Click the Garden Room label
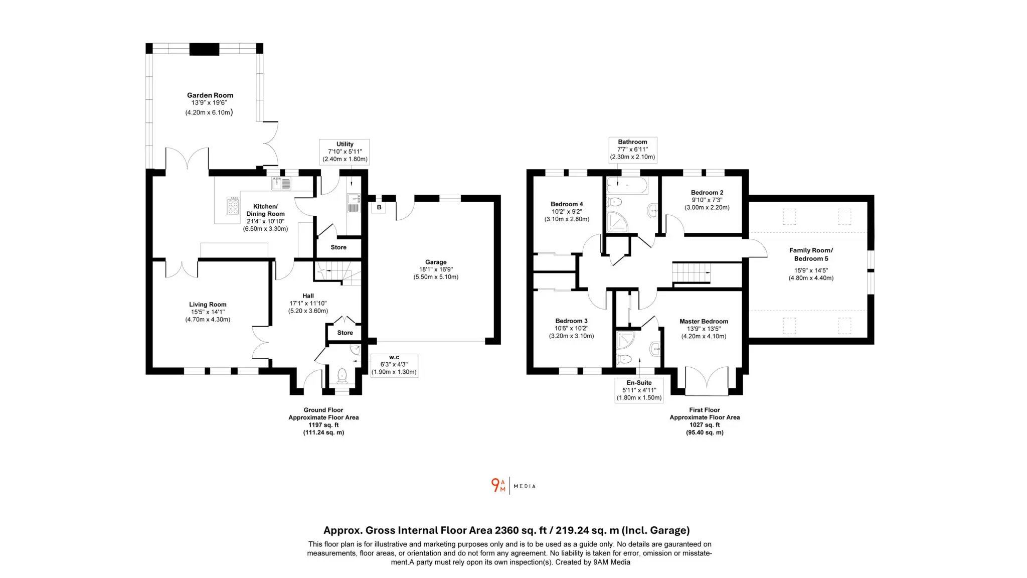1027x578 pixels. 210,95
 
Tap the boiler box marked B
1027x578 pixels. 379,207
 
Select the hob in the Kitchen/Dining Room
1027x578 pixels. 233,206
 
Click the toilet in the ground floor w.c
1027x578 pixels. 342,374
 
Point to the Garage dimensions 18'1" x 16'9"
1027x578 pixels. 436,269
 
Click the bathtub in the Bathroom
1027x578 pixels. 627,186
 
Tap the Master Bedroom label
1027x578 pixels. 704,322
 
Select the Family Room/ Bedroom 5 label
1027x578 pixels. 811,254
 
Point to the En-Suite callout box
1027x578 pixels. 639,390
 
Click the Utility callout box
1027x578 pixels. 345,152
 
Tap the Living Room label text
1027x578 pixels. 208,305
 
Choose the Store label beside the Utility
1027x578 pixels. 338,247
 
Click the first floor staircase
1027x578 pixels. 691,273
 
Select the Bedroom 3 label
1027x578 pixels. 571,321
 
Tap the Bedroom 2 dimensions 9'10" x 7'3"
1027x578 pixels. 707,200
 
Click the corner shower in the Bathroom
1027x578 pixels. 617,221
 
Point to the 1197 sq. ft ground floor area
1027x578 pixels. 323,425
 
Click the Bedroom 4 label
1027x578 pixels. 567,204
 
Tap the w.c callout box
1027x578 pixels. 394,365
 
